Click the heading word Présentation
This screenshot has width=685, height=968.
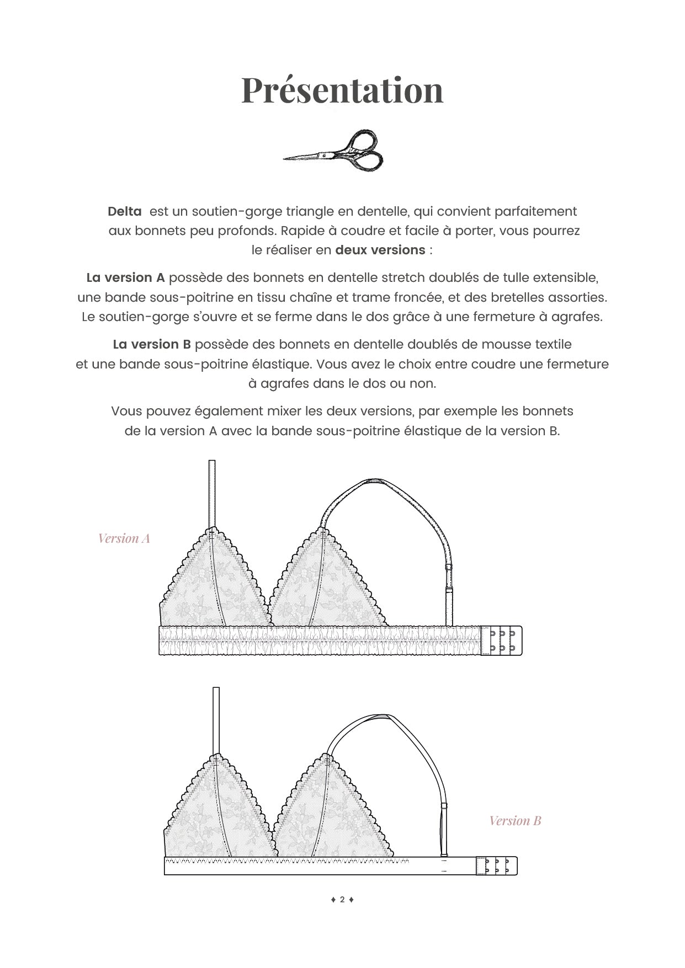[342, 90]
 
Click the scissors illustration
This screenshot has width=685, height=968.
[334, 150]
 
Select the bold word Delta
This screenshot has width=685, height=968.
[125, 211]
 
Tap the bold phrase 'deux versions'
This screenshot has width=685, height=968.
[380, 250]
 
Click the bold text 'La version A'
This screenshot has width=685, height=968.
[126, 277]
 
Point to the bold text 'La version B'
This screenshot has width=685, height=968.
[152, 344]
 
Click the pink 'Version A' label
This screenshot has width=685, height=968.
[124, 538]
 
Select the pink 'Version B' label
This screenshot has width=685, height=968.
[515, 821]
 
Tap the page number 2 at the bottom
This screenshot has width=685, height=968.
[342, 900]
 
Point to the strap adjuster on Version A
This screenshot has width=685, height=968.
[449, 567]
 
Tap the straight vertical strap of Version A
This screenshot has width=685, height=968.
[212, 494]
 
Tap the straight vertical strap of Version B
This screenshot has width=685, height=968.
[216, 720]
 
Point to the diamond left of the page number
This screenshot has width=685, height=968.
[333, 900]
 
